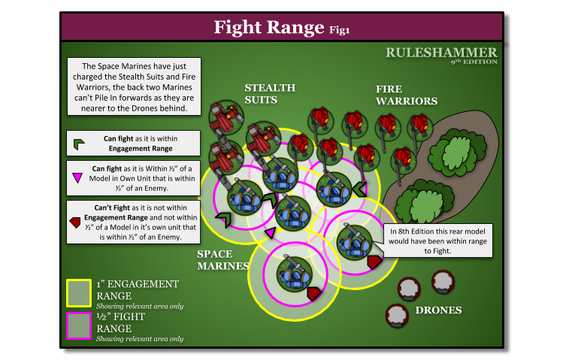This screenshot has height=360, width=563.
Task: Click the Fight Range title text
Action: [x=269, y=28]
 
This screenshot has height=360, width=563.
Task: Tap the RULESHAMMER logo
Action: [x=441, y=53]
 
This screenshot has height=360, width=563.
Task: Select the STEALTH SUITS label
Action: [x=270, y=93]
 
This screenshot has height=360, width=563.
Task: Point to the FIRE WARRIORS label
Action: [x=407, y=95]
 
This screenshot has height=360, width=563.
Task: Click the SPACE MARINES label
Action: [x=222, y=259]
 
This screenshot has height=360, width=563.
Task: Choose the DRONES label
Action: [x=438, y=310]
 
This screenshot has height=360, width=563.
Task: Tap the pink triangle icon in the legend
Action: [x=77, y=178]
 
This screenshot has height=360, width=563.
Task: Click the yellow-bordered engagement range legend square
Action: [x=79, y=293]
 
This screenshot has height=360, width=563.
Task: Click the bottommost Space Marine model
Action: [x=293, y=274]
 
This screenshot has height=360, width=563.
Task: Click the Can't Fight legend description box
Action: [x=134, y=222]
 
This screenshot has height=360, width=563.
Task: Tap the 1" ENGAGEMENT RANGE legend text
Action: [x=138, y=289]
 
